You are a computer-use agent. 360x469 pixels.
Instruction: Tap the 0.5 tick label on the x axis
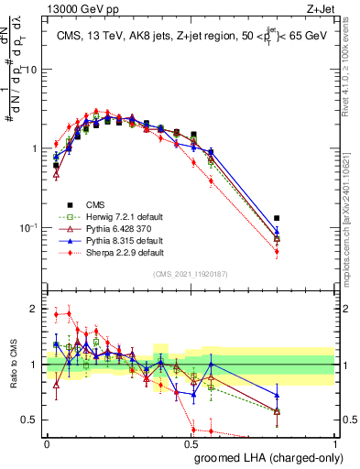[x=191, y=443]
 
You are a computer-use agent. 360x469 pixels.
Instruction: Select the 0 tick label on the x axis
[x=47, y=443]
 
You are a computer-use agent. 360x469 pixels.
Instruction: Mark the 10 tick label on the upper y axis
[x=30, y=70]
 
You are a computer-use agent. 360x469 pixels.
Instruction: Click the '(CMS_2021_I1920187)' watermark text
[x=191, y=274]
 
